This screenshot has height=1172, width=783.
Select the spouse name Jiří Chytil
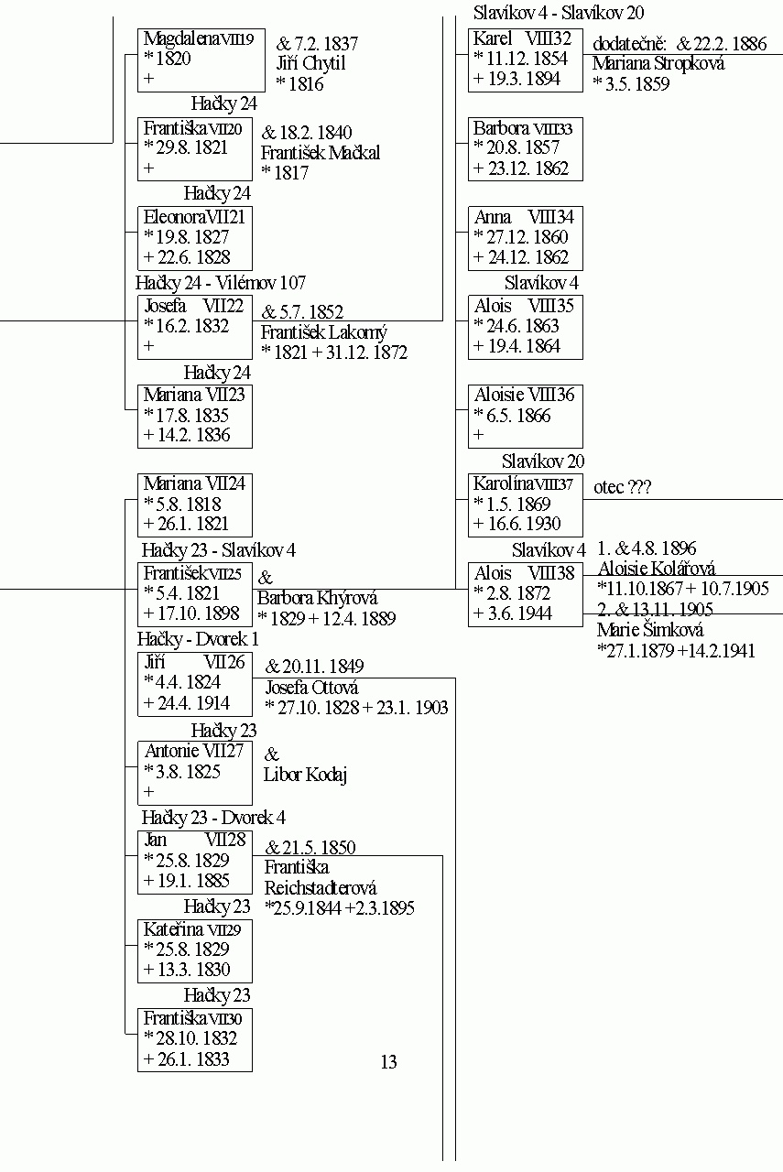pyautogui.click(x=310, y=64)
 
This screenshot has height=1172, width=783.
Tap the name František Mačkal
pyautogui.click(x=321, y=153)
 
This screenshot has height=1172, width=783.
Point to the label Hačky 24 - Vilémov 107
pyautogui.click(x=221, y=283)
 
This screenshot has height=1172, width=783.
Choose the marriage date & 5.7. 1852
pyautogui.click(x=302, y=312)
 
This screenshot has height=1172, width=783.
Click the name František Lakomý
pyautogui.click(x=324, y=332)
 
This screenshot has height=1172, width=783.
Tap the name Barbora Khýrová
pyautogui.click(x=317, y=598)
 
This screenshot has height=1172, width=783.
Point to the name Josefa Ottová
pyautogui.click(x=312, y=687)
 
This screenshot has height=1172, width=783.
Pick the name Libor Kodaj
pyautogui.click(x=305, y=775)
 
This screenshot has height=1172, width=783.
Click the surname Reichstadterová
pyautogui.click(x=321, y=888)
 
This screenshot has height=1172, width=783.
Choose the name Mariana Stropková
pyautogui.click(x=658, y=64)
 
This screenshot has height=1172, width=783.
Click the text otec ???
pyautogui.click(x=623, y=487)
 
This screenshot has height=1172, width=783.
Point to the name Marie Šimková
pyautogui.click(x=650, y=630)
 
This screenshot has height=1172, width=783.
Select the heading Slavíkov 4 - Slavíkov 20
pyautogui.click(x=559, y=13)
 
